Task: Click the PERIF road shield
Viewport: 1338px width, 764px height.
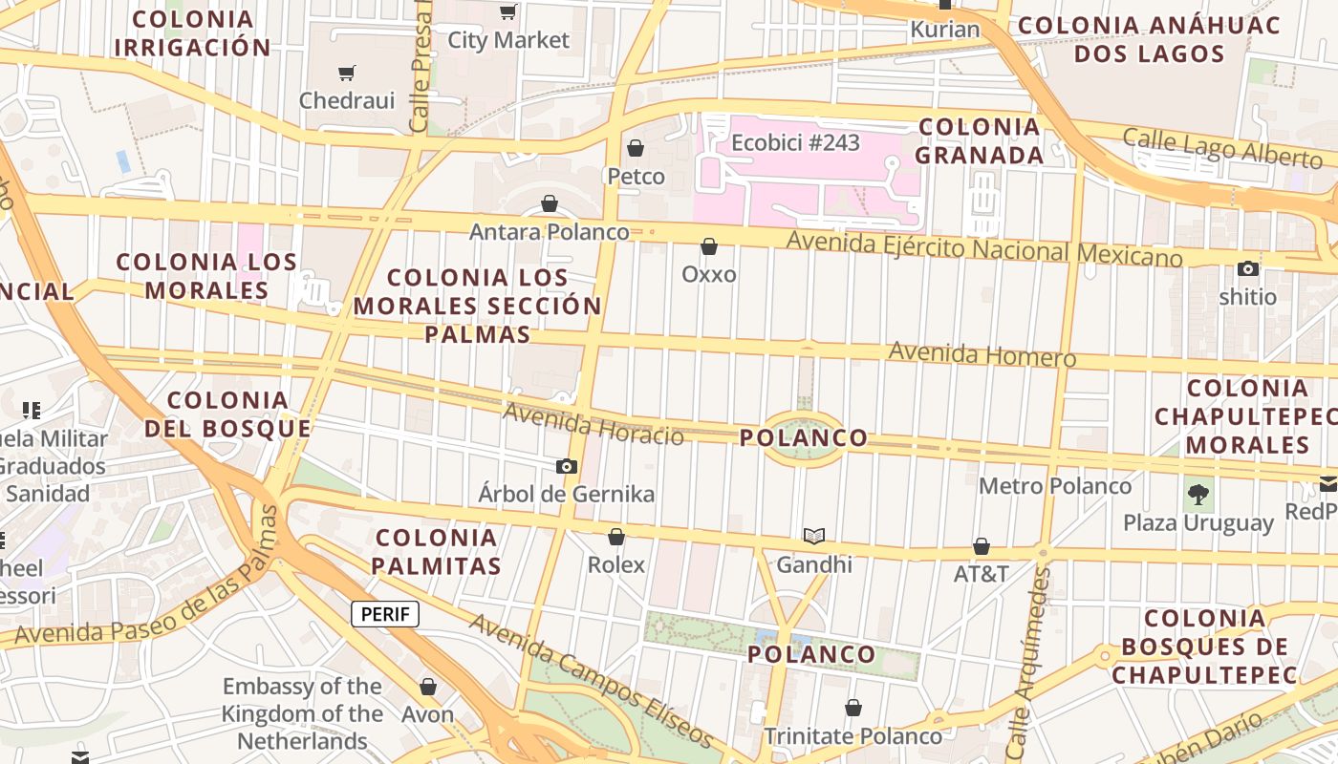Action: point(385,614)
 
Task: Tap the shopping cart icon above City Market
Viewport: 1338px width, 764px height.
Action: point(508,11)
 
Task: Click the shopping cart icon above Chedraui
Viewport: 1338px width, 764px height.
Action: point(347,73)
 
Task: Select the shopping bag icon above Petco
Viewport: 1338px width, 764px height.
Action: point(636,148)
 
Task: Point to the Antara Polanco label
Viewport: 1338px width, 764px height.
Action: point(549,232)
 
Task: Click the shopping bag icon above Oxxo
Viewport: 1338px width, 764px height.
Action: point(709,246)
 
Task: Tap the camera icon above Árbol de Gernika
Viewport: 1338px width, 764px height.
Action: point(567,466)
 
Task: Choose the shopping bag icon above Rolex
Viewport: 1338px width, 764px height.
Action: point(616,537)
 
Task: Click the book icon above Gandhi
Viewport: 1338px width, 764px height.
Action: point(813,536)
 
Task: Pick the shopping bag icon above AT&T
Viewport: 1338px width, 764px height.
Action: point(982,546)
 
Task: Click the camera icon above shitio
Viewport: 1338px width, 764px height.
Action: point(1248,268)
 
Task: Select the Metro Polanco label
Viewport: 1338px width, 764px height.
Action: point(1055,486)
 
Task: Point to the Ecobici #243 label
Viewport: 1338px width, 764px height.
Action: point(795,143)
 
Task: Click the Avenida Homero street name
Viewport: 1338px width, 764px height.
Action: point(982,355)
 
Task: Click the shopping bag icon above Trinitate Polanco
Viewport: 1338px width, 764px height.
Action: point(853,708)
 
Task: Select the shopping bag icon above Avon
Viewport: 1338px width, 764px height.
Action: point(428,687)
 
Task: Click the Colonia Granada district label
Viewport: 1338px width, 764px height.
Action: point(980,140)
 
